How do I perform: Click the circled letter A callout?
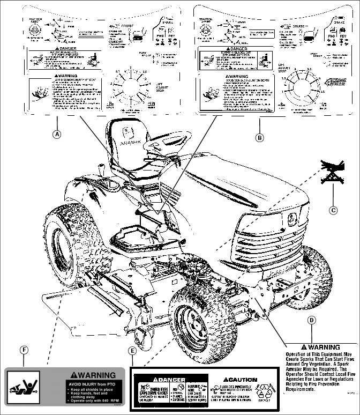(56, 135)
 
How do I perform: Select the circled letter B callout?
(260, 138)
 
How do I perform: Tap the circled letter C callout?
(333, 210)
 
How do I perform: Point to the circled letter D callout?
(311, 320)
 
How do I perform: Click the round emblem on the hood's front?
(292, 218)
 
